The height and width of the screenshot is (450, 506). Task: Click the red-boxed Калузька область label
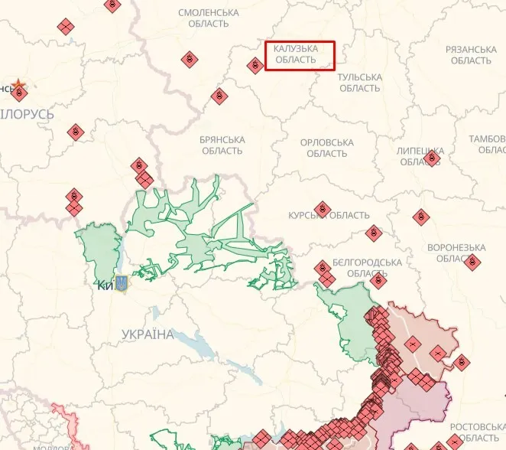(x=300, y=54)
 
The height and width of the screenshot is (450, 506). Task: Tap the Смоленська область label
(x=208, y=18)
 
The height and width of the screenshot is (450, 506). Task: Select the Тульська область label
(x=359, y=83)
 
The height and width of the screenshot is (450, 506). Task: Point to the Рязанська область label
(x=471, y=54)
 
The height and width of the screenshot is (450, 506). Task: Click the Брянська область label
(x=222, y=145)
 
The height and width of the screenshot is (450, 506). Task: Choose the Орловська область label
(x=327, y=148)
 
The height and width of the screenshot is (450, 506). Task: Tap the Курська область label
(x=329, y=216)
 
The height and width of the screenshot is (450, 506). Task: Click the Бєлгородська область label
(x=367, y=268)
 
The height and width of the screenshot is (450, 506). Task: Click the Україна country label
(x=148, y=334)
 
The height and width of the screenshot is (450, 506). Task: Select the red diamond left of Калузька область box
(x=255, y=66)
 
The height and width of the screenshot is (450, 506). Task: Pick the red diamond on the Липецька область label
(x=432, y=158)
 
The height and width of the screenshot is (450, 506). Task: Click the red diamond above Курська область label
(x=323, y=208)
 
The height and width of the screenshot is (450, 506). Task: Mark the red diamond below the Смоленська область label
(x=189, y=59)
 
